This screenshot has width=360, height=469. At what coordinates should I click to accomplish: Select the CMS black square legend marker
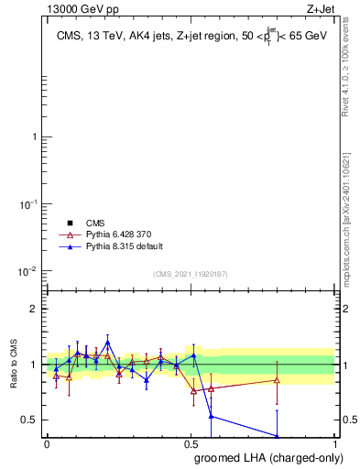69,223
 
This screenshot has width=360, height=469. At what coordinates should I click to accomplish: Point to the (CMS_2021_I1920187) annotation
190,274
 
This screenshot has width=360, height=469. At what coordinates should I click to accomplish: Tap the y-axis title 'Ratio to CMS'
13,365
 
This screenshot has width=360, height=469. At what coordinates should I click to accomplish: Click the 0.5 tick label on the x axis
191,442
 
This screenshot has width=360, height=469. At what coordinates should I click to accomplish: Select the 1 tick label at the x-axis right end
334,442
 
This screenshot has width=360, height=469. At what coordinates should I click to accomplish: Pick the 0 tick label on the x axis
47,442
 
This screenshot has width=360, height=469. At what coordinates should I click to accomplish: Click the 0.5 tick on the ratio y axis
28,420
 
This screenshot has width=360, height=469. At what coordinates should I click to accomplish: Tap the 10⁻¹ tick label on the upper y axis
27,204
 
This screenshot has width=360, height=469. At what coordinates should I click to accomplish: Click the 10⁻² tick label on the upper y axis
27,271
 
